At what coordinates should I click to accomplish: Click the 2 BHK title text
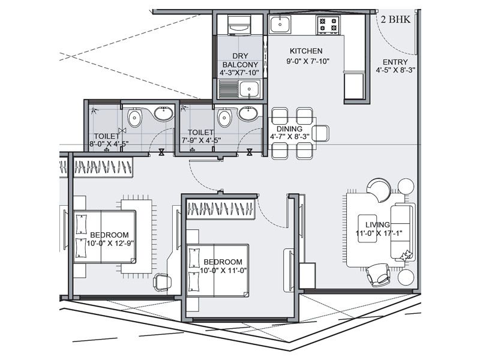click(395, 20)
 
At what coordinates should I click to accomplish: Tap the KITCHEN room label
click(306, 51)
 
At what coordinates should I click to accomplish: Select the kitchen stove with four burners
click(328, 25)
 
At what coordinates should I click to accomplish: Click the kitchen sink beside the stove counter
click(280, 25)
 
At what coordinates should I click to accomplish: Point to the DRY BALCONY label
click(240, 61)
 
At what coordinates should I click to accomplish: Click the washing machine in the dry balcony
click(239, 25)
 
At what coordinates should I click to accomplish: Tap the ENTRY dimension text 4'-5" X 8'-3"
click(395, 70)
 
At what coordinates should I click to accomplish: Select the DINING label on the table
click(289, 129)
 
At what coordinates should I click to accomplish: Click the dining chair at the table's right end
click(320, 133)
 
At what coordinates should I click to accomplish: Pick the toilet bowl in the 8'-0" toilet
click(134, 118)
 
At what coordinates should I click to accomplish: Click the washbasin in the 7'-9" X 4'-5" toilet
click(248, 113)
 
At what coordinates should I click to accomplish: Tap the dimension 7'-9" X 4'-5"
click(201, 140)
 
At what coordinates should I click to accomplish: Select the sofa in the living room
click(403, 233)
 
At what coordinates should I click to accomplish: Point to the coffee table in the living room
click(367, 229)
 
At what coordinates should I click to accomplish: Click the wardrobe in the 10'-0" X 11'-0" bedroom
click(221, 209)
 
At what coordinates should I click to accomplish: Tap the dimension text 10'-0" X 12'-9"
click(110, 244)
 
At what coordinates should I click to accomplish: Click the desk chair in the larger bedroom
click(162, 282)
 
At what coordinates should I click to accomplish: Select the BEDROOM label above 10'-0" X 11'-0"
click(223, 262)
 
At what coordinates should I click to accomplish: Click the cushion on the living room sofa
click(407, 255)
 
